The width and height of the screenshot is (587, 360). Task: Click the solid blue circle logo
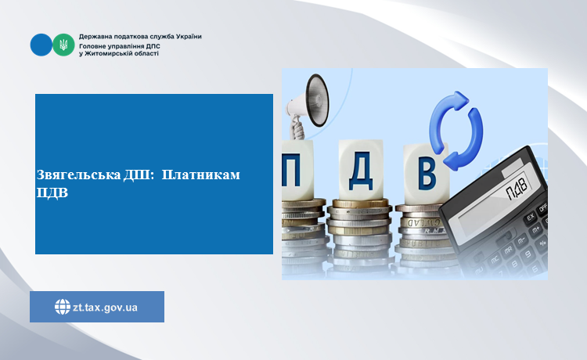point(41,45)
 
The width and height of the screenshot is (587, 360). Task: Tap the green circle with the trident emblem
point(63,45)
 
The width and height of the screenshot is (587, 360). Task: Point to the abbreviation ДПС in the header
point(153,46)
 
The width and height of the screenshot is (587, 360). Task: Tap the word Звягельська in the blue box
point(78,175)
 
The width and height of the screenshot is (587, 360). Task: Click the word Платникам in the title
point(201,175)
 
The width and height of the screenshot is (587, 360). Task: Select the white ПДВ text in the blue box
point(52,193)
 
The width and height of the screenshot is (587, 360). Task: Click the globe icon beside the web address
point(62,307)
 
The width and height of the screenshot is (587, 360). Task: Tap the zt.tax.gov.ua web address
point(105,308)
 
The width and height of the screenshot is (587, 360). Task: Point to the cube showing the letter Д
point(361,170)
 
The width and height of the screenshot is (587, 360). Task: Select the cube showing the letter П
point(297,170)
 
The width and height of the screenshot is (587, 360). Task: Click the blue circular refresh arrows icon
point(456,130)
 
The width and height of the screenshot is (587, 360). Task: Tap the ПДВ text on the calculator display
point(517,187)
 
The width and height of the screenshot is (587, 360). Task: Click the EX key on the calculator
point(531,218)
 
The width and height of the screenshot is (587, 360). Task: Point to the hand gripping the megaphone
point(297,128)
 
